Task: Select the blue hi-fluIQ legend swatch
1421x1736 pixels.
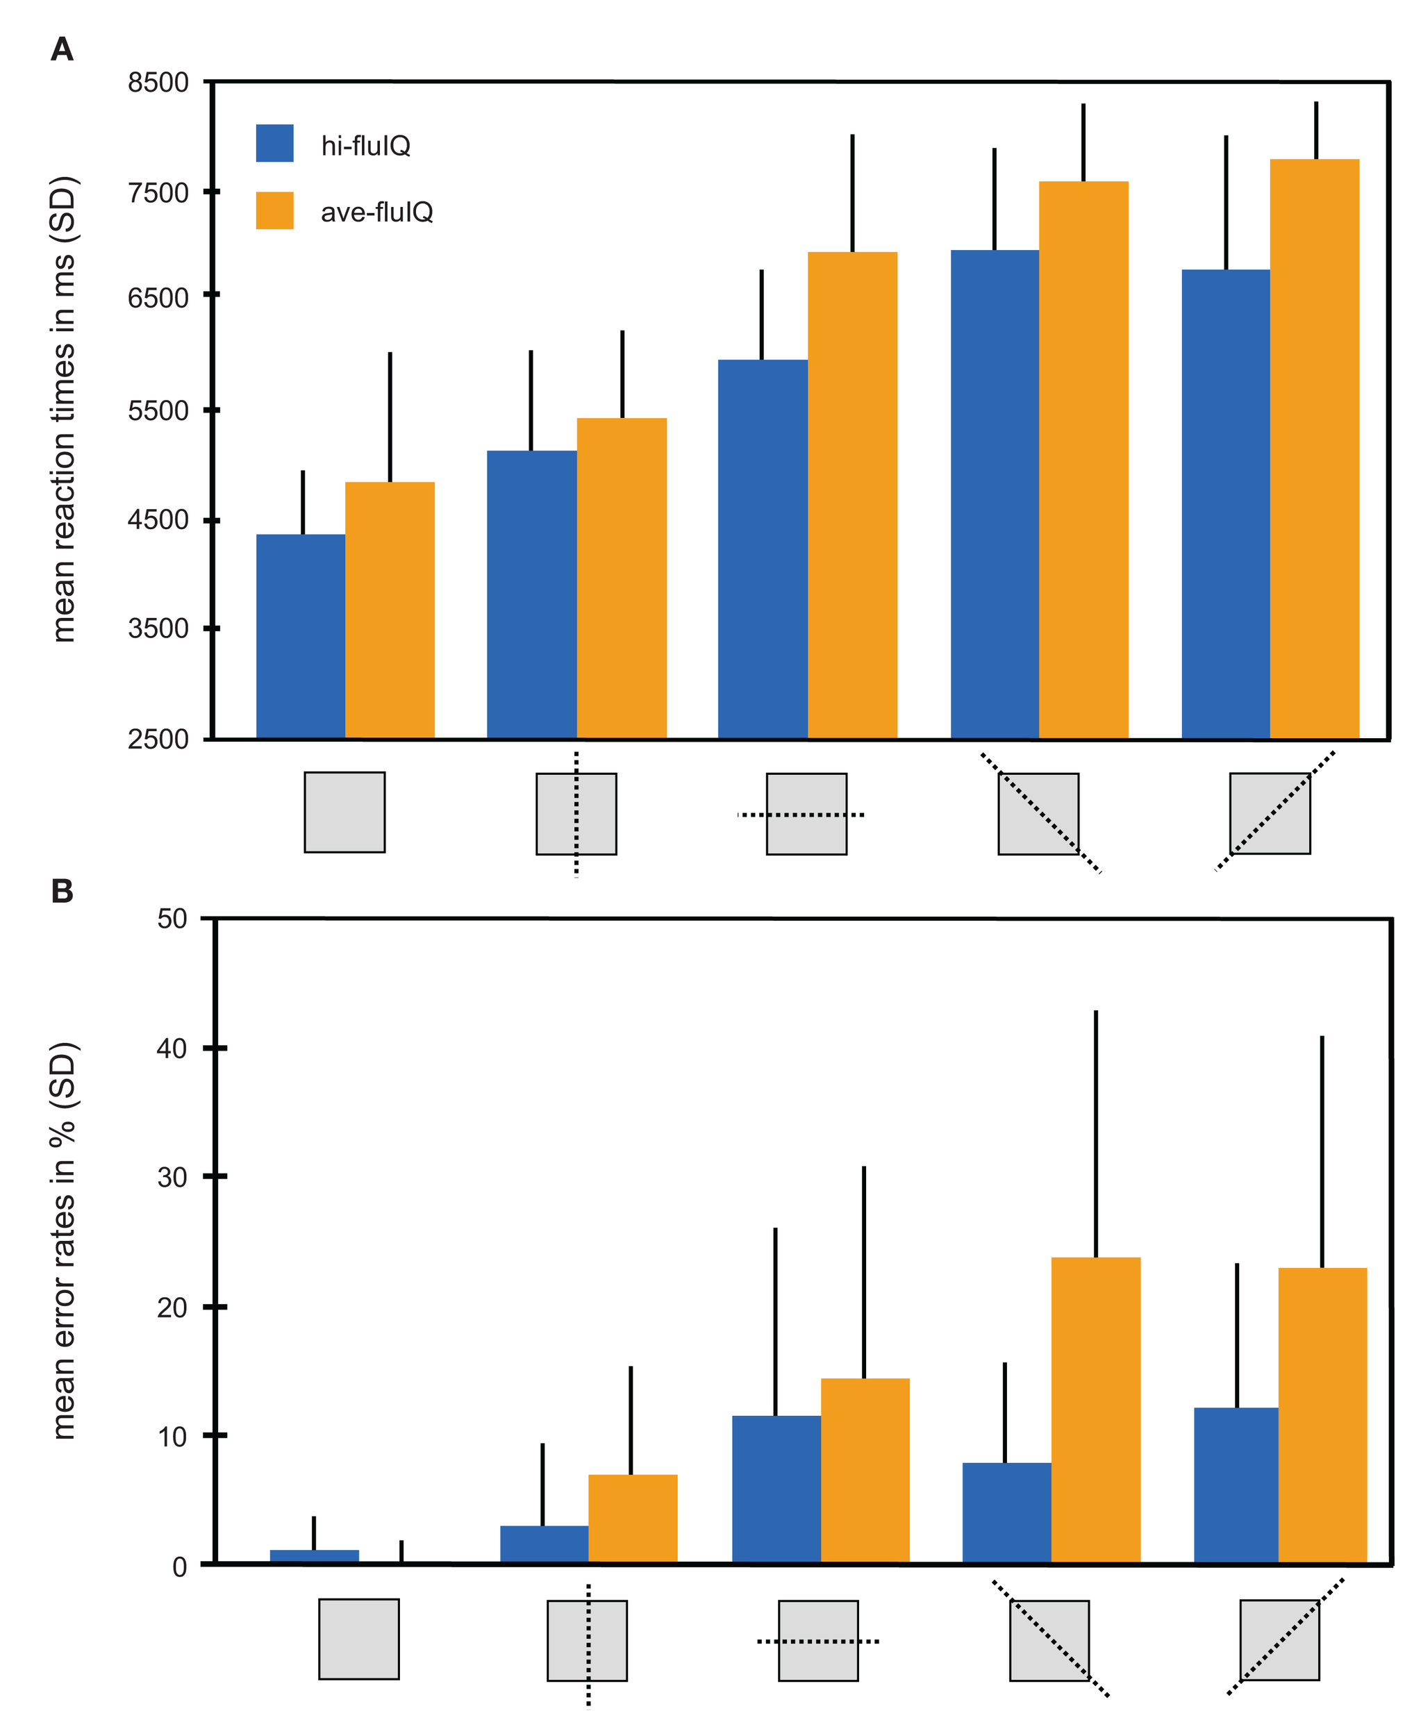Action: [274, 143]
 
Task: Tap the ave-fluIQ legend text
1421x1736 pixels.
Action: [376, 212]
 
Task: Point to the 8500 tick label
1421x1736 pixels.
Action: [158, 83]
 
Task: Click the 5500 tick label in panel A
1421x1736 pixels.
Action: [158, 410]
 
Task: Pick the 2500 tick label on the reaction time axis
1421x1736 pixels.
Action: [158, 739]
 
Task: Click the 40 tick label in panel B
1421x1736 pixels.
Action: [172, 1048]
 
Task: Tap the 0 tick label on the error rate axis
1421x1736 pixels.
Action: [179, 1567]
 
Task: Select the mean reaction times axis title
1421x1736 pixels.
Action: [64, 409]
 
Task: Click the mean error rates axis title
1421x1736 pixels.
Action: [64, 1240]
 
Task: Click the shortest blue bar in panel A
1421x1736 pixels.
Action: [301, 636]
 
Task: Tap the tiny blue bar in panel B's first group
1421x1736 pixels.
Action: [315, 1556]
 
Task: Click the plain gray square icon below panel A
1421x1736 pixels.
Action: [344, 812]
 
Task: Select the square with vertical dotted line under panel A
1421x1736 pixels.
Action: [576, 814]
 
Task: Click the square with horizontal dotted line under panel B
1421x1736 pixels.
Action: [817, 1640]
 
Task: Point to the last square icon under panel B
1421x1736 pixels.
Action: [1279, 1639]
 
